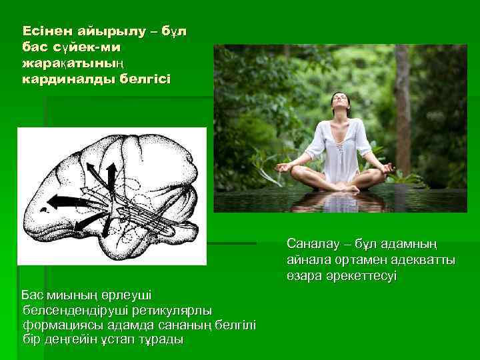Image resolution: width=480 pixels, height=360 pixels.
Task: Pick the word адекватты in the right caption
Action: pos(426,259)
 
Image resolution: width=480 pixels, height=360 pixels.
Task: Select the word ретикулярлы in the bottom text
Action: pos(174,310)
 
